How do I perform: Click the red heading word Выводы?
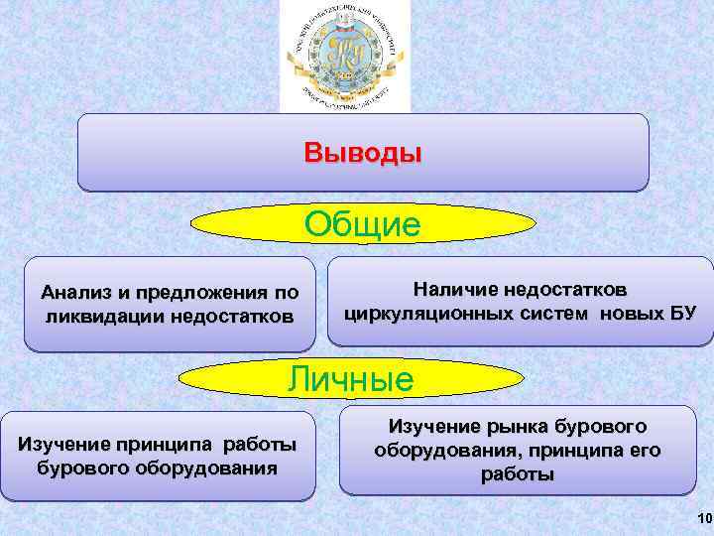(363, 154)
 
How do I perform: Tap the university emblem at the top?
(344, 55)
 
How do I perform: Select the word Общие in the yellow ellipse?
(362, 224)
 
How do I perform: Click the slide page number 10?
(704, 519)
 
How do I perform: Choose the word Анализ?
(76, 293)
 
